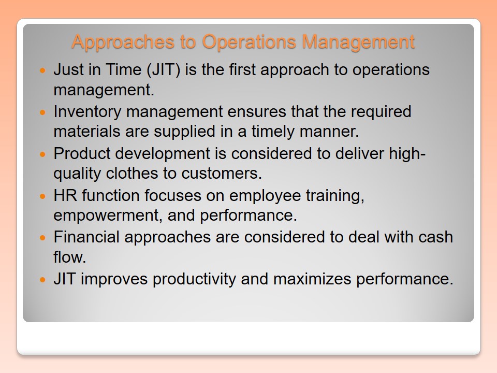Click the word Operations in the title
click(x=249, y=42)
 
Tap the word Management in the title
click(x=358, y=42)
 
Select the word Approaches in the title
click(x=123, y=42)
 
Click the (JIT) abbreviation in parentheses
click(x=163, y=70)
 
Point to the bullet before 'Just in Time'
click(x=43, y=70)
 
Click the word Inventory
click(x=87, y=112)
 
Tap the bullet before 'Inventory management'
click(x=43, y=112)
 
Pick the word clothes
click(x=132, y=173)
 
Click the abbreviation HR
click(x=65, y=195)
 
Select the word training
click(x=335, y=196)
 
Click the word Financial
click(x=86, y=237)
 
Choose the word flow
click(x=70, y=257)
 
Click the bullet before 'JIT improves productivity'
click(x=43, y=279)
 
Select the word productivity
click(x=194, y=280)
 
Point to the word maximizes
click(x=312, y=279)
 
